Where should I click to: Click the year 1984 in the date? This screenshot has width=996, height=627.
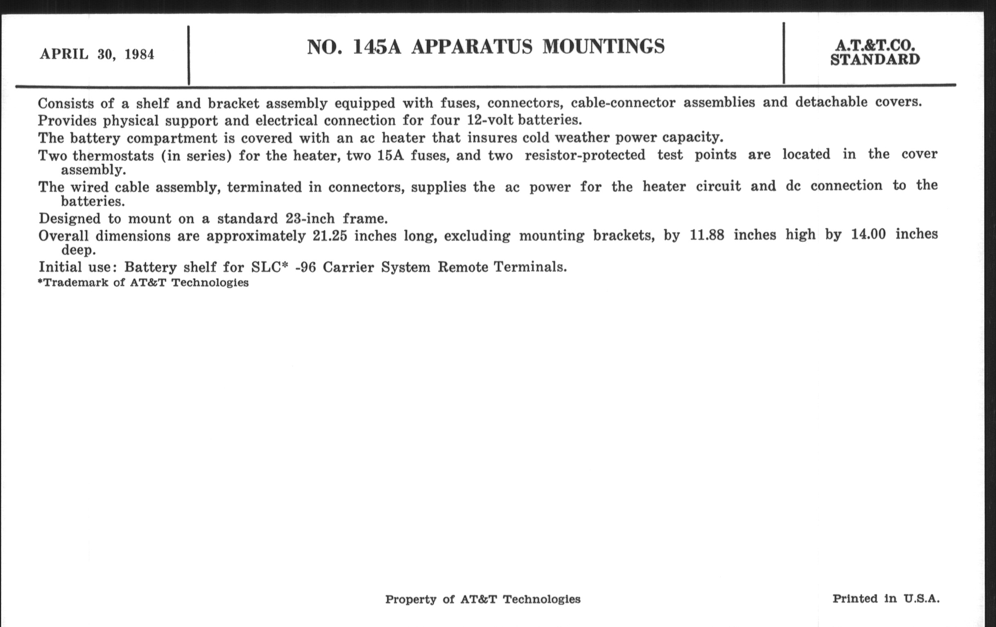(139, 55)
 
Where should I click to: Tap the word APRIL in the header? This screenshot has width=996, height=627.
(64, 54)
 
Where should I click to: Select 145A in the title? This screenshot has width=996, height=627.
(377, 47)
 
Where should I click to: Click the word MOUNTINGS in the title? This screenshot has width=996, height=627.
(604, 46)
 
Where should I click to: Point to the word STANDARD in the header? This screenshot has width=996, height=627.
(875, 60)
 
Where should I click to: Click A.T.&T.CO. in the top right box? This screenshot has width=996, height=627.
(875, 45)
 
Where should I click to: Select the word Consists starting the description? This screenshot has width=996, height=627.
(66, 103)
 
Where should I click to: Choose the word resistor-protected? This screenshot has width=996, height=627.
(585, 155)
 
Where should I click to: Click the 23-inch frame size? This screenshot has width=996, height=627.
(310, 218)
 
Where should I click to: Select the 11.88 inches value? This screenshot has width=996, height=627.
(707, 235)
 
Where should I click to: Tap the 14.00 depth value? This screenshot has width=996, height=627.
(868, 234)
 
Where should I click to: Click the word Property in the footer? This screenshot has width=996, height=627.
(410, 599)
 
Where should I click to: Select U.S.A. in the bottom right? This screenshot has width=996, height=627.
(921, 598)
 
